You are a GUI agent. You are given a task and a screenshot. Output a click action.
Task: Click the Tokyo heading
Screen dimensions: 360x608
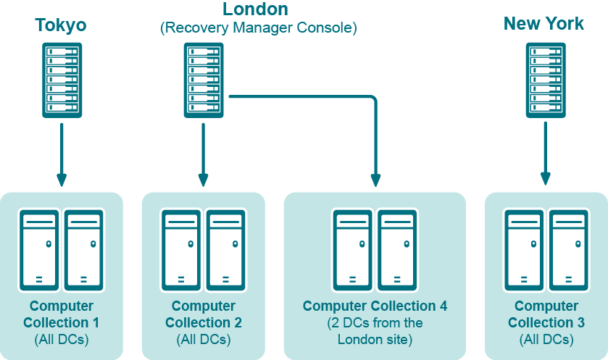click(61, 25)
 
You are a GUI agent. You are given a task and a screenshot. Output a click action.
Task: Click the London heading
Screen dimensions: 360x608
click(255, 9)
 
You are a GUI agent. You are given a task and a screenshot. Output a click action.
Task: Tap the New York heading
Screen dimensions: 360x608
click(544, 24)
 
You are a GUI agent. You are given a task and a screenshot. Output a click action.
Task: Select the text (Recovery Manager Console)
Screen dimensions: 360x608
click(259, 29)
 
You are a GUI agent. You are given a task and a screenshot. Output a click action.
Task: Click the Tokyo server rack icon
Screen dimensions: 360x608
click(61, 80)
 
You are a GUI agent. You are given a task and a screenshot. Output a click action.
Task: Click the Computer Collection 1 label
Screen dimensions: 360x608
click(61, 314)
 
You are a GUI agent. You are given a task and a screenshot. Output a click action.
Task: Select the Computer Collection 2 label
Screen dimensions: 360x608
click(204, 314)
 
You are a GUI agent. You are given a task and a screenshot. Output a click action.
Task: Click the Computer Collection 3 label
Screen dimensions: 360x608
click(546, 314)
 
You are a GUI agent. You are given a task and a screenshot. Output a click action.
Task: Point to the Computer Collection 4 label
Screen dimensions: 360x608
click(375, 306)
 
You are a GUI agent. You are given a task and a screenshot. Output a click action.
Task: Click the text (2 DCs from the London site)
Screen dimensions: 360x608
click(375, 330)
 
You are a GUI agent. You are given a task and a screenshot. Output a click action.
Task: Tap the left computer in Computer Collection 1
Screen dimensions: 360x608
click(40, 248)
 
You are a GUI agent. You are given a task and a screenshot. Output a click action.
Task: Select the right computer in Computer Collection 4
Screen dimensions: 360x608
click(397, 248)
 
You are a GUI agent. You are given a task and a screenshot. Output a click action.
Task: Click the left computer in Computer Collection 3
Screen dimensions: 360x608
click(524, 248)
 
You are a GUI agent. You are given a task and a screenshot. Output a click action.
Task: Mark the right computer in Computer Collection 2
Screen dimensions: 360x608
click(226, 248)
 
